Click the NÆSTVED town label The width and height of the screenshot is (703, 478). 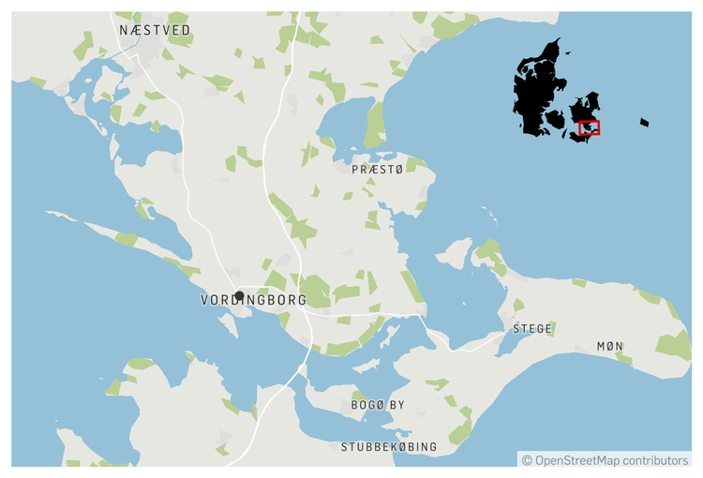pos(155,31)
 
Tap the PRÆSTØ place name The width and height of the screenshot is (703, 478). pos(376,170)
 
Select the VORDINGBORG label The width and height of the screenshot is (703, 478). pos(254,301)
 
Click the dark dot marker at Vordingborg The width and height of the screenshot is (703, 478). pos(239,295)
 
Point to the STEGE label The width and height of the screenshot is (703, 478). pos(532,329)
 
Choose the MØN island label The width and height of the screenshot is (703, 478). pos(609,347)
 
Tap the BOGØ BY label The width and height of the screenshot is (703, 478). pos(378,405)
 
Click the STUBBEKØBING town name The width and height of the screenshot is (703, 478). pos(389,447)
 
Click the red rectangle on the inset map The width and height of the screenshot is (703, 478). pos(590,127)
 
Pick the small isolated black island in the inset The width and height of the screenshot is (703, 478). pos(644,122)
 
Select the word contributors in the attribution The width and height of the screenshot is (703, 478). pos(657,460)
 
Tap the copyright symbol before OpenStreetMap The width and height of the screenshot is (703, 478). pos(528,460)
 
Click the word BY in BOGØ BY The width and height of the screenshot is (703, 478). pos(397,405)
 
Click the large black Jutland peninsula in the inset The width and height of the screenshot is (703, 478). pos(534,94)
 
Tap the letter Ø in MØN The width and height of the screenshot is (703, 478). pos(609,347)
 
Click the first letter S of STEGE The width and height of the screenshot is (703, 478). pos(516,329)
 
